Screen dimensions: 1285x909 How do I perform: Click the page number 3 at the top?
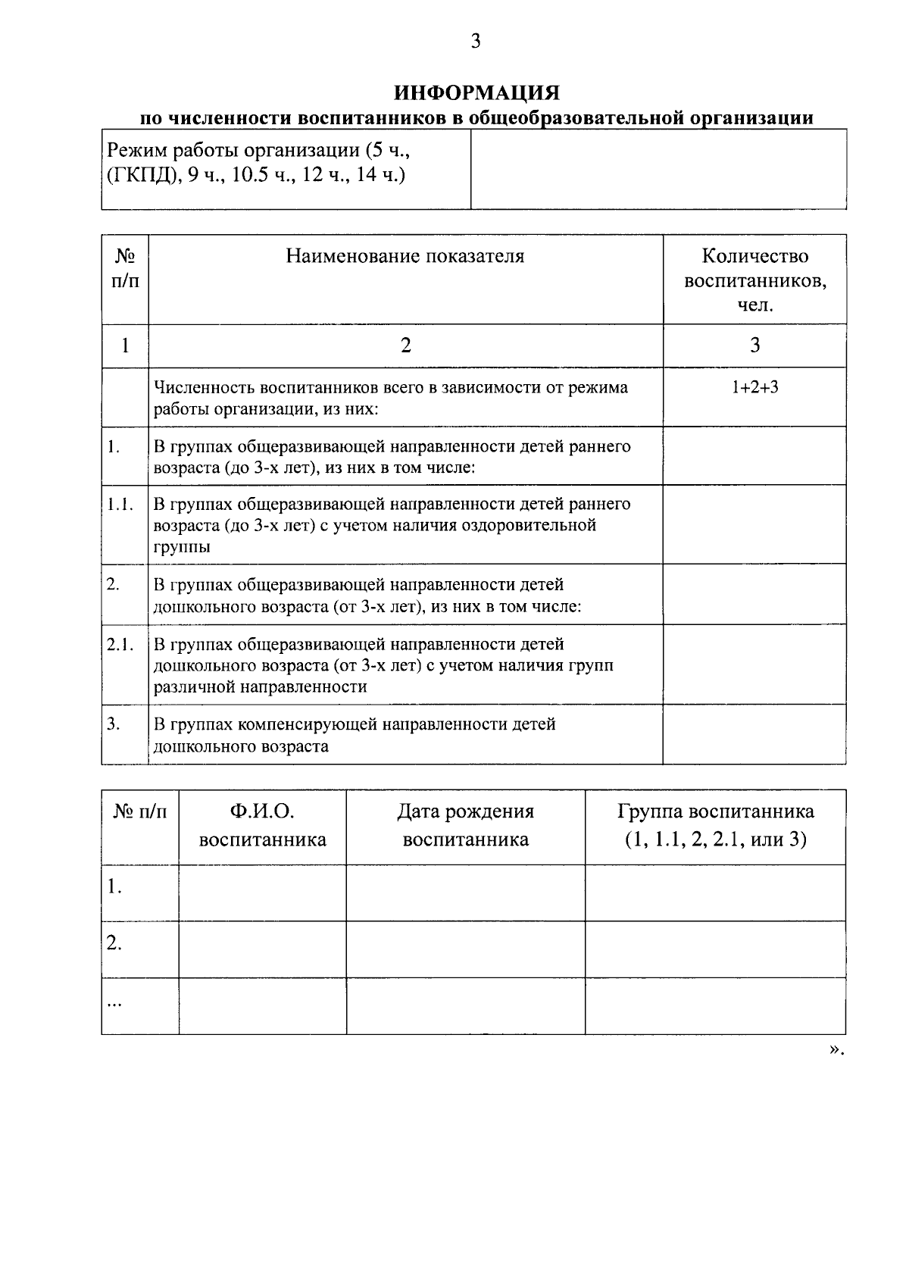(x=476, y=42)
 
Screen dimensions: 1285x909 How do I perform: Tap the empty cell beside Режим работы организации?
(x=658, y=169)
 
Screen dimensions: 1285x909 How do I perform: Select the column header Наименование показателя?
(x=405, y=256)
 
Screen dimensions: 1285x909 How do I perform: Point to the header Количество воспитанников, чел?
(x=754, y=280)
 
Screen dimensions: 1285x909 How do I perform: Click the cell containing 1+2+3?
(x=754, y=387)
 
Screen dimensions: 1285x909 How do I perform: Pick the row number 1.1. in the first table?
(x=120, y=504)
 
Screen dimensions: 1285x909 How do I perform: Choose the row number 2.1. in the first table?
(x=120, y=644)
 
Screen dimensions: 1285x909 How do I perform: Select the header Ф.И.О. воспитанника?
(x=262, y=825)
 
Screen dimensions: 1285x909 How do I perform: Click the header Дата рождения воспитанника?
(x=465, y=825)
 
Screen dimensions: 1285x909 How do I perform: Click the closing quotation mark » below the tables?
(x=834, y=1049)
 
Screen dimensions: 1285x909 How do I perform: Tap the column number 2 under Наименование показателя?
(x=405, y=345)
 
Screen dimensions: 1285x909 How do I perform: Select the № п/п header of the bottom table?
(x=140, y=812)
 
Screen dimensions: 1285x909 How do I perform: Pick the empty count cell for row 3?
(x=754, y=734)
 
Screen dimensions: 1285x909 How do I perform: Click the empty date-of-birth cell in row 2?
(x=465, y=949)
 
